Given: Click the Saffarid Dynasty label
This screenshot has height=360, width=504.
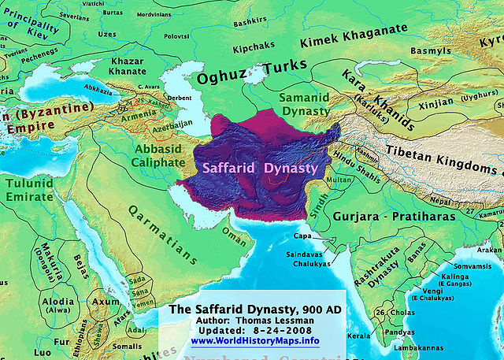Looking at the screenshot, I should click(260, 168).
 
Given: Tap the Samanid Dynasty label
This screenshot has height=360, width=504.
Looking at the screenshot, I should click(304, 103).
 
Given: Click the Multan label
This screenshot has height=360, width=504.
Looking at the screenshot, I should click(340, 180).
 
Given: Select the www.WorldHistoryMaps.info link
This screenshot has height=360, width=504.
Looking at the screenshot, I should click(255, 341).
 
